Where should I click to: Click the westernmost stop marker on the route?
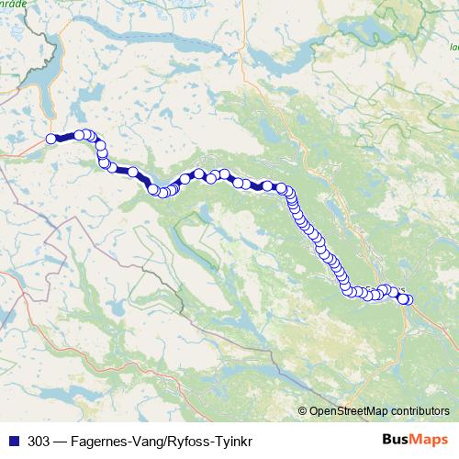pyautogui.click(x=51, y=139)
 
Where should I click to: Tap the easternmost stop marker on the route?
pyautogui.click(x=408, y=299)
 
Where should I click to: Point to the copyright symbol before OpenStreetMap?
pyautogui.click(x=303, y=410)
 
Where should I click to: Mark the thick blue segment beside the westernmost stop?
pyautogui.click(x=64, y=138)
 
